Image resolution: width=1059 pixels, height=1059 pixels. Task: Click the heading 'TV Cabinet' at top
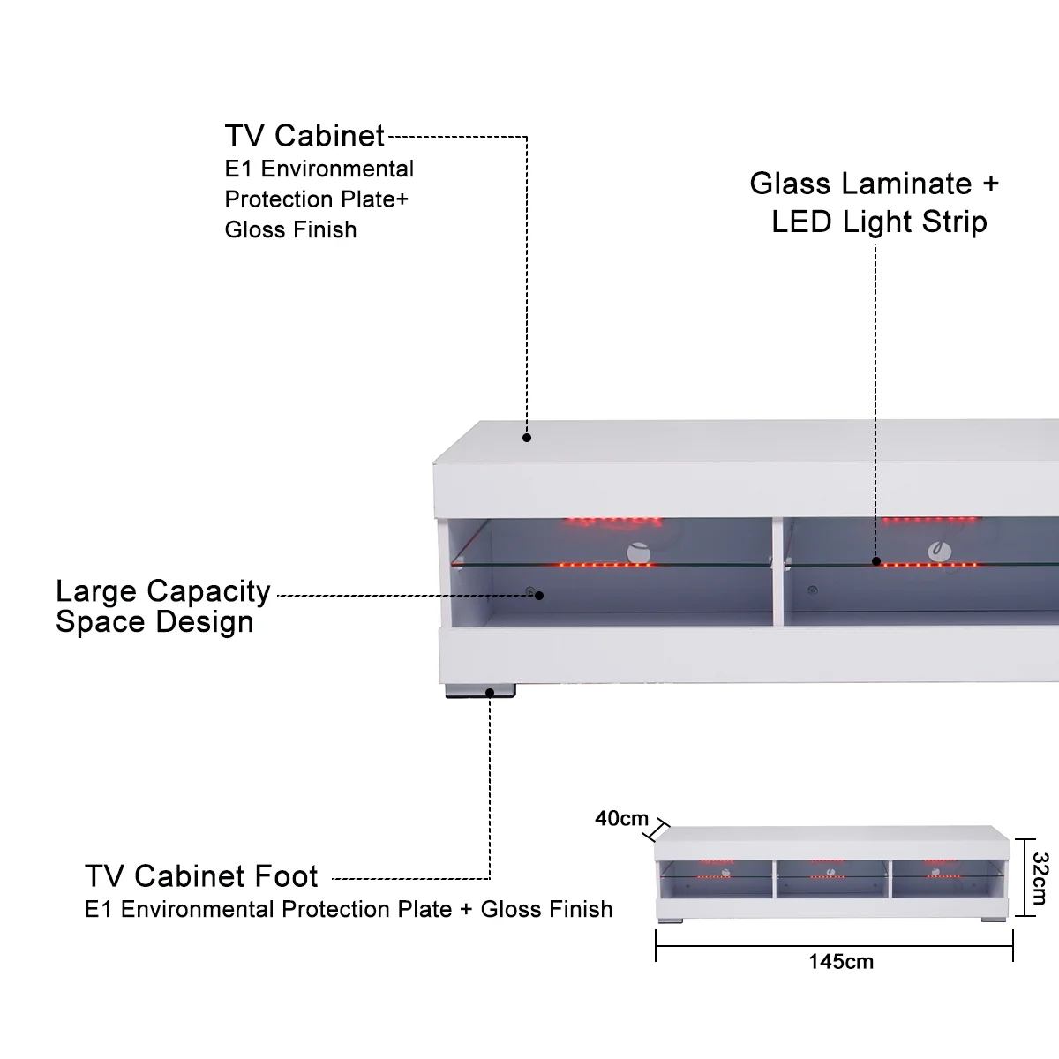pos(304,136)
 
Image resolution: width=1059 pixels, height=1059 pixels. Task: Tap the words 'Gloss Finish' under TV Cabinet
pos(290,229)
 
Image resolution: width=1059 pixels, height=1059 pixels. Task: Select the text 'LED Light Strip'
pos(879,222)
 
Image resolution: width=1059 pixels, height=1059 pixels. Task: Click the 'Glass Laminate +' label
pos(874,184)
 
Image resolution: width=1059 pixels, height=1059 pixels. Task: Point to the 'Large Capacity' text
pos(163,591)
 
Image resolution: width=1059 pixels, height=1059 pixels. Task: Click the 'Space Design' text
pos(154,622)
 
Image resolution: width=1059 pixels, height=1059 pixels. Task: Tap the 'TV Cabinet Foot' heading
pos(201,876)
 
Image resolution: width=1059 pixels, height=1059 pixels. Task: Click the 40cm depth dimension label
pos(621,819)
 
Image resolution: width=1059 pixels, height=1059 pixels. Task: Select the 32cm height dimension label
pos(1039,878)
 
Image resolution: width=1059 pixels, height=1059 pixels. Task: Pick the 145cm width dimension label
pos(841,961)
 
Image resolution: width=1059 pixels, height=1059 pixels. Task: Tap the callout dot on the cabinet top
pos(527,437)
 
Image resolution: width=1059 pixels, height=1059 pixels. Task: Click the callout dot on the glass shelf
pos(876,560)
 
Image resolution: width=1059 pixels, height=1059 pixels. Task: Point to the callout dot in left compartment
pos(539,595)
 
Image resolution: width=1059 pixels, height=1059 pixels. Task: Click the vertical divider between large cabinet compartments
pos(777,574)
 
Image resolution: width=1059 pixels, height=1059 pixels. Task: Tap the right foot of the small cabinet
pos(993,920)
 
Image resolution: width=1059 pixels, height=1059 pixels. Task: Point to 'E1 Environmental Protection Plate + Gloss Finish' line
pos(349,909)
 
